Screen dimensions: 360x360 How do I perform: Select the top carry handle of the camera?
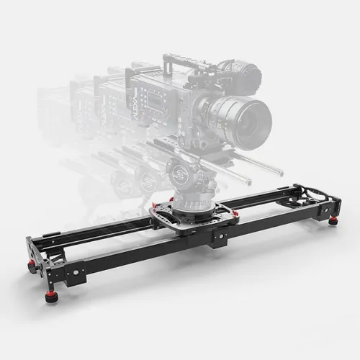tap(189, 58)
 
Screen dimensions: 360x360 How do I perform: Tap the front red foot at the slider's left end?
tap(51, 296)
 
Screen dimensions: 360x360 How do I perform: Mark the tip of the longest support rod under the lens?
tap(281, 173)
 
